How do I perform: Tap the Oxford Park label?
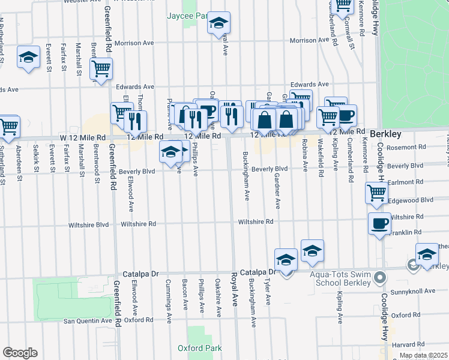click(x=200, y=348)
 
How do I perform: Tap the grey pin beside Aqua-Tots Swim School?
click(x=379, y=278)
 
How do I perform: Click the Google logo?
click(x=20, y=353)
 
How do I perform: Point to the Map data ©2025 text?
click(x=423, y=355)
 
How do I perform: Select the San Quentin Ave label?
click(x=88, y=321)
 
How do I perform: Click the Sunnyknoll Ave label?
click(x=414, y=291)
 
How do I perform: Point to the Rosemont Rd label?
click(x=406, y=146)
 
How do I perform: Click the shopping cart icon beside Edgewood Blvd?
click(x=376, y=193)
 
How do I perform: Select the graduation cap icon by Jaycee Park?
click(x=218, y=23)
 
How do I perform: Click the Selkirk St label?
click(x=37, y=157)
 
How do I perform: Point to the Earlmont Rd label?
click(x=406, y=182)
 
